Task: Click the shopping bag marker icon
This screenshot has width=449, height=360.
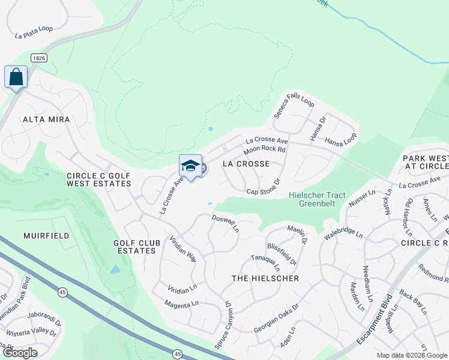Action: (16, 77)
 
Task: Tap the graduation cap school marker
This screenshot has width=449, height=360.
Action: (190, 166)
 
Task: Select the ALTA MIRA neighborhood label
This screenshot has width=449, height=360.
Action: (46, 119)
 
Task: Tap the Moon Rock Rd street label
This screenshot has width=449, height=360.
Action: (264, 150)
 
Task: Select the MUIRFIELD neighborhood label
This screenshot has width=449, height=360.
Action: (46, 236)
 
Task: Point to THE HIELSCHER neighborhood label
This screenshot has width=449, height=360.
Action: (265, 279)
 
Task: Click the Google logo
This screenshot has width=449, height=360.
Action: (19, 353)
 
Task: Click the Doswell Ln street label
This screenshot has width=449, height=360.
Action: (226, 225)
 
